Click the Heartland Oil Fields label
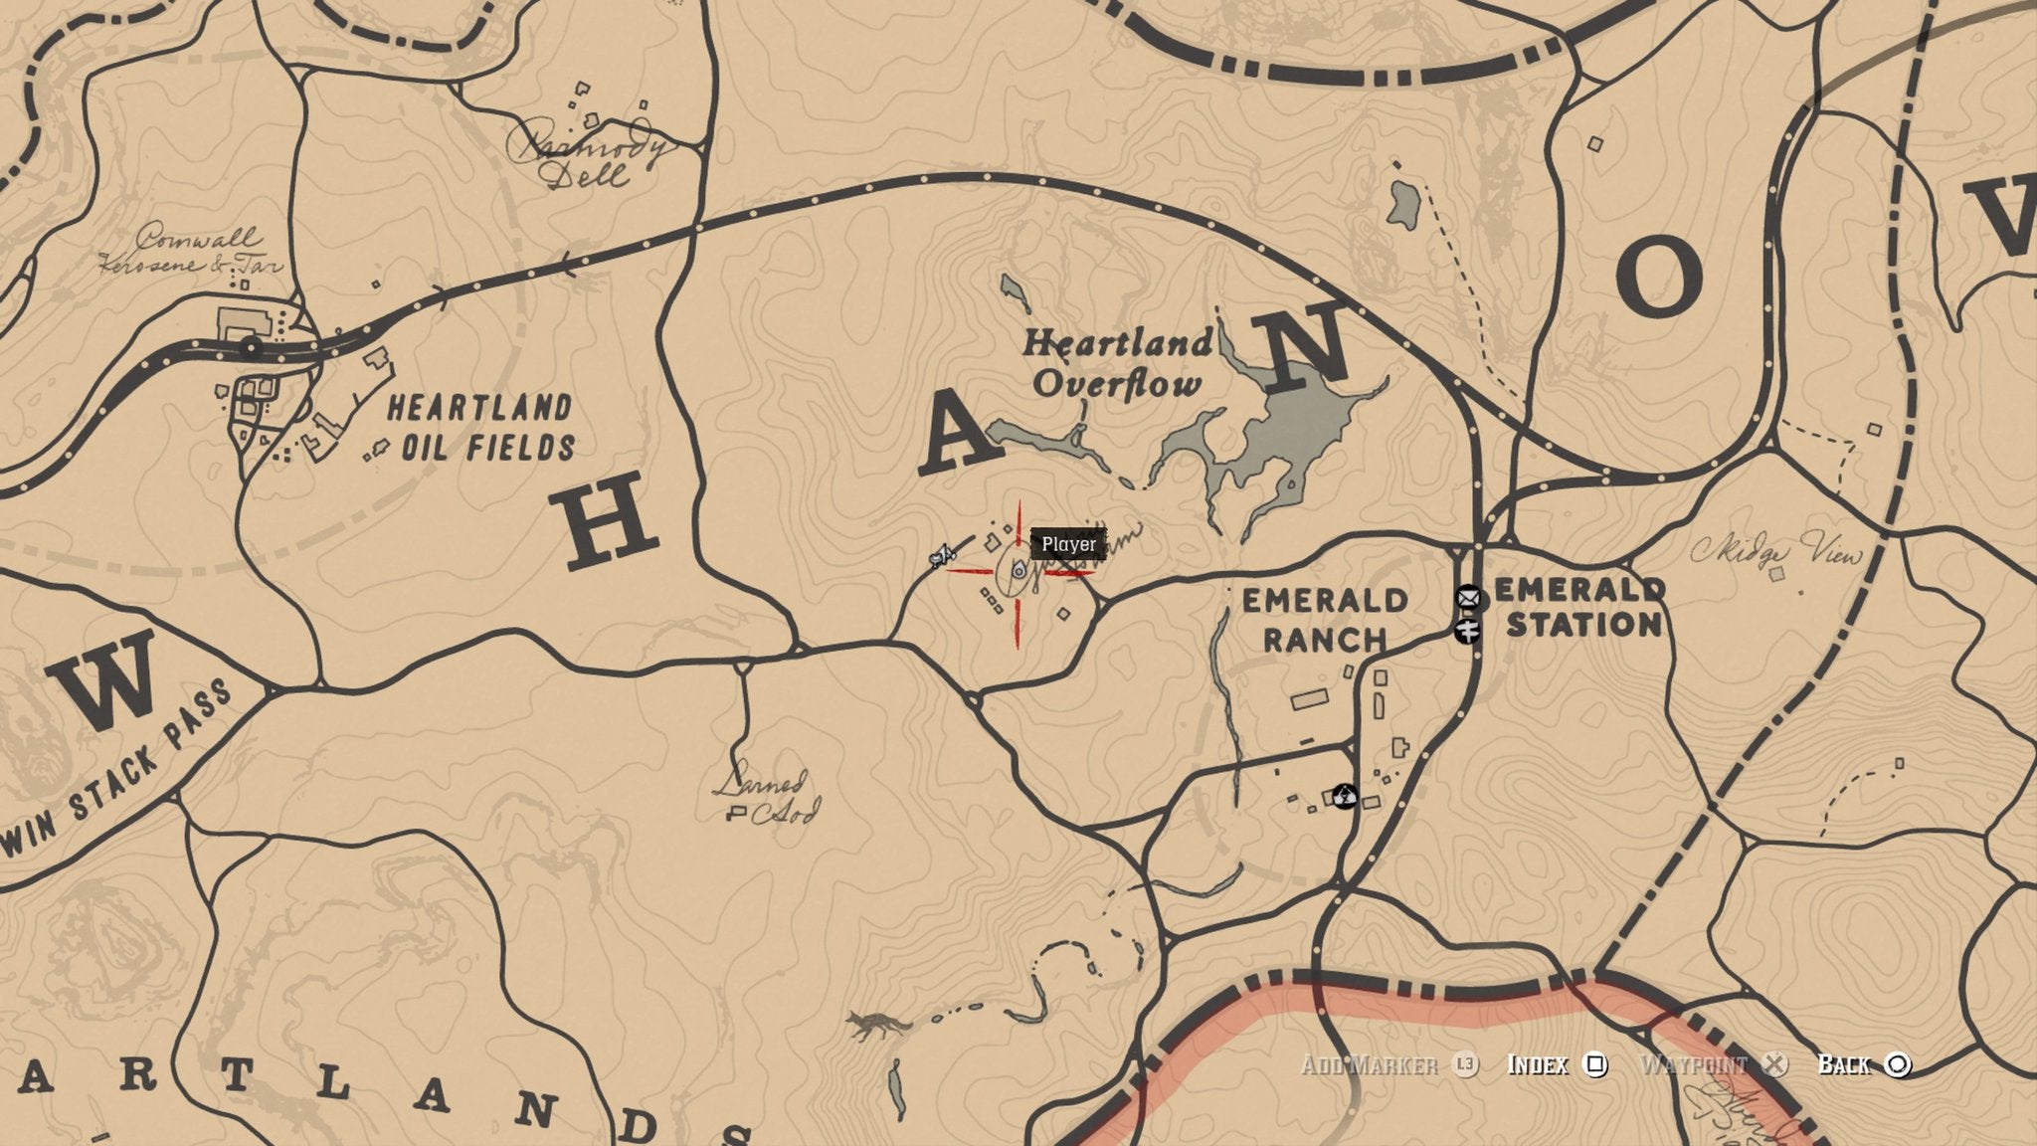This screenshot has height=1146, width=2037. (x=480, y=428)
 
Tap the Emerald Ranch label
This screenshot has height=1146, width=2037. (x=1325, y=619)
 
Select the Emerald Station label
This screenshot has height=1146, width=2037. (x=1577, y=607)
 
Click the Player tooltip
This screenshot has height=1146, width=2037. (x=1068, y=544)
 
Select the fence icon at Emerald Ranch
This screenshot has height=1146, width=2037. (x=1345, y=796)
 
